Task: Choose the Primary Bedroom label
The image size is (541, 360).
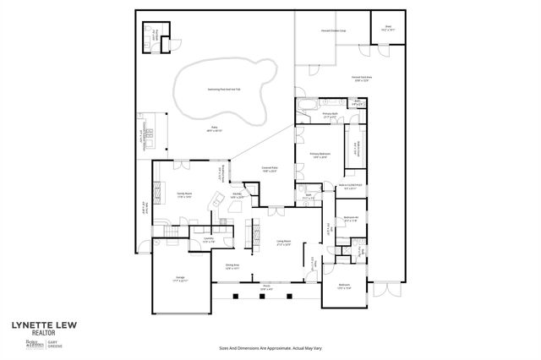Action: (x=320, y=155)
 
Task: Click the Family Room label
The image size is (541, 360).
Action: (x=183, y=195)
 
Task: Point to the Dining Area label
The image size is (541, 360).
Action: (x=232, y=266)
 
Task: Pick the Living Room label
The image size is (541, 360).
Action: (x=283, y=243)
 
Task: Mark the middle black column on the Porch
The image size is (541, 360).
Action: (x=262, y=296)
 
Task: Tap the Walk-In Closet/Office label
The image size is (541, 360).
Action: (x=351, y=186)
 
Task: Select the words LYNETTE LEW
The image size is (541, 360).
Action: (x=40, y=324)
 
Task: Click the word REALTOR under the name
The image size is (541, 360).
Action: (x=31, y=333)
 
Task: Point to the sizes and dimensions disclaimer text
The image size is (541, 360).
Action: (x=270, y=347)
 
